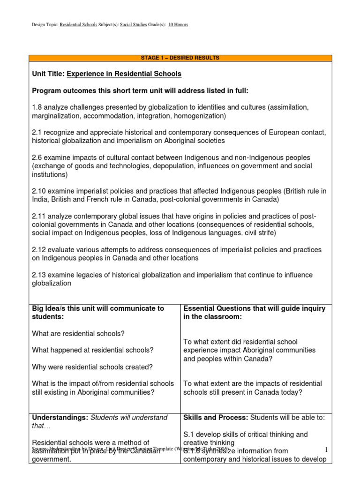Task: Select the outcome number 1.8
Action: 37,107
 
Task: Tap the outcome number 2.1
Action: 37,132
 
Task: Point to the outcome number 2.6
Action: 37,157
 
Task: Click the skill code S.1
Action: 189,435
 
